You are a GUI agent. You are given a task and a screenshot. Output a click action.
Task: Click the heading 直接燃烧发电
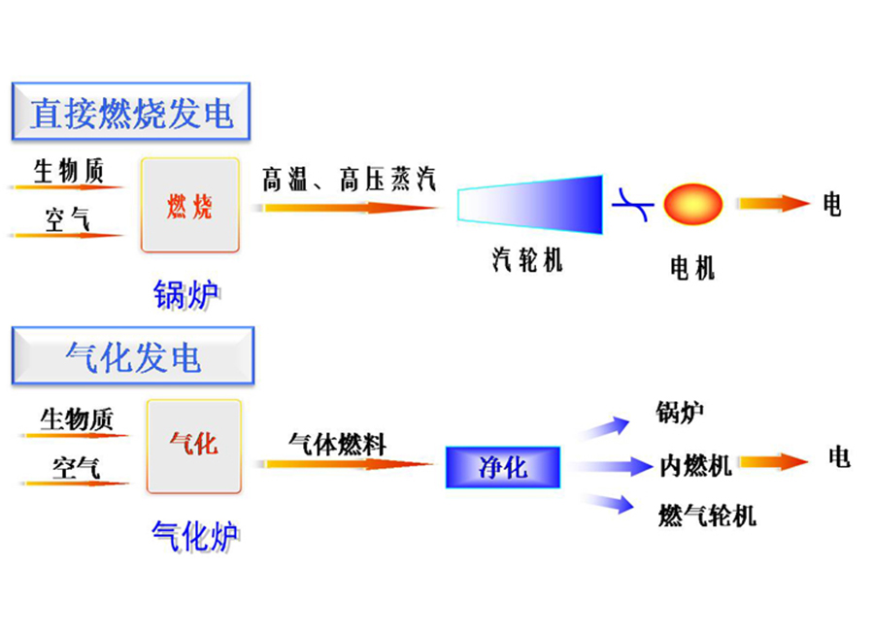click(131, 114)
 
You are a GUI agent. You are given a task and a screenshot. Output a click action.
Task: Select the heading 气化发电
click(132, 356)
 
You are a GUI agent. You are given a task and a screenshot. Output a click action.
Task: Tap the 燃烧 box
click(190, 206)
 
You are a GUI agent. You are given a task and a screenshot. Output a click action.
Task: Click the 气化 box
click(194, 446)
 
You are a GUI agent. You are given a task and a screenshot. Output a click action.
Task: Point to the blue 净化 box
click(503, 467)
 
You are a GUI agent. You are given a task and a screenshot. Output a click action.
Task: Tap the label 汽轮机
click(526, 260)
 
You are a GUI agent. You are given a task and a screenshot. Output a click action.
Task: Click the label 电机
click(692, 268)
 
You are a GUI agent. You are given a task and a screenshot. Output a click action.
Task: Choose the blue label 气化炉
click(194, 534)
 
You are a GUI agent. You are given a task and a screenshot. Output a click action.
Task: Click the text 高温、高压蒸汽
click(349, 179)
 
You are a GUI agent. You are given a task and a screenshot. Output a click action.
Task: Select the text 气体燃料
click(337, 445)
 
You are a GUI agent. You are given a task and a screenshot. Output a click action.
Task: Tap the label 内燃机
click(695, 466)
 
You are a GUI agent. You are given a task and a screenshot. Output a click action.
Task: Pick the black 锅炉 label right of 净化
click(680, 414)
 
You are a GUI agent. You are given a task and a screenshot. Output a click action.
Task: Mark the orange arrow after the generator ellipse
click(772, 204)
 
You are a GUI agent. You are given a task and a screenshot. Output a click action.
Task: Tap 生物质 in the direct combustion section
click(68, 172)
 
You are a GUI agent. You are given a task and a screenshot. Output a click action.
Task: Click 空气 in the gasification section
click(76, 467)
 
